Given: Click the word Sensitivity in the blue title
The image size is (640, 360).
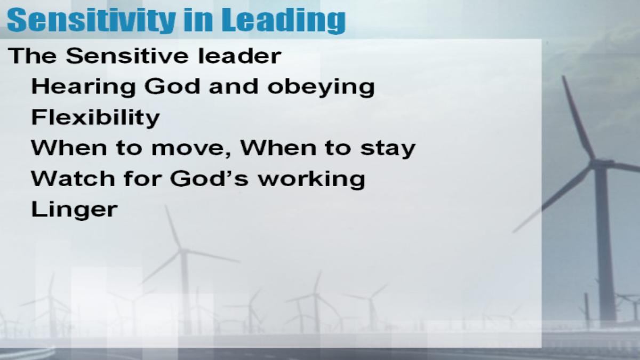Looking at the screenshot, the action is (x=91, y=20).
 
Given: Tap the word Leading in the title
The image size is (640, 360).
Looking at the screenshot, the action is (x=286, y=20).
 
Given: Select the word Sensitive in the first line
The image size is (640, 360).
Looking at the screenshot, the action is (x=127, y=55).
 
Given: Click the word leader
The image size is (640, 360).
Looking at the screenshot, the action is (x=239, y=55).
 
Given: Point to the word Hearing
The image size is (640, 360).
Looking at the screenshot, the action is (x=83, y=87).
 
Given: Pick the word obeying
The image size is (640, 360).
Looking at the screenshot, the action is (x=321, y=87).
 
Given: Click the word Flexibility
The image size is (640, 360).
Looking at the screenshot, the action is (x=95, y=118).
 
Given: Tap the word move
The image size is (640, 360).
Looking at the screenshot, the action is (x=189, y=149).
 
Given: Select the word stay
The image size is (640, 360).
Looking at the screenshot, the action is (x=388, y=149).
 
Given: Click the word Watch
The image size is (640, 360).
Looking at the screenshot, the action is (x=72, y=179).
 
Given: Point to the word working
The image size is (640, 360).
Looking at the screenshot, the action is (x=311, y=179).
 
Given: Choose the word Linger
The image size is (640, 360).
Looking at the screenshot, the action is (x=74, y=210).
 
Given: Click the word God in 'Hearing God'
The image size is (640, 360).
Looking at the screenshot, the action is (x=172, y=86).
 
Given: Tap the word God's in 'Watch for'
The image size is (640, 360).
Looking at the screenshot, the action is (x=209, y=179).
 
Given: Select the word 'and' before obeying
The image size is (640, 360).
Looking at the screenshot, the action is (x=234, y=86).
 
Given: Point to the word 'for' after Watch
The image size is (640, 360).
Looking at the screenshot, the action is (x=141, y=179).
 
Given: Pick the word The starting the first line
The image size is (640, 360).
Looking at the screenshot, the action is (x=33, y=55).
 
